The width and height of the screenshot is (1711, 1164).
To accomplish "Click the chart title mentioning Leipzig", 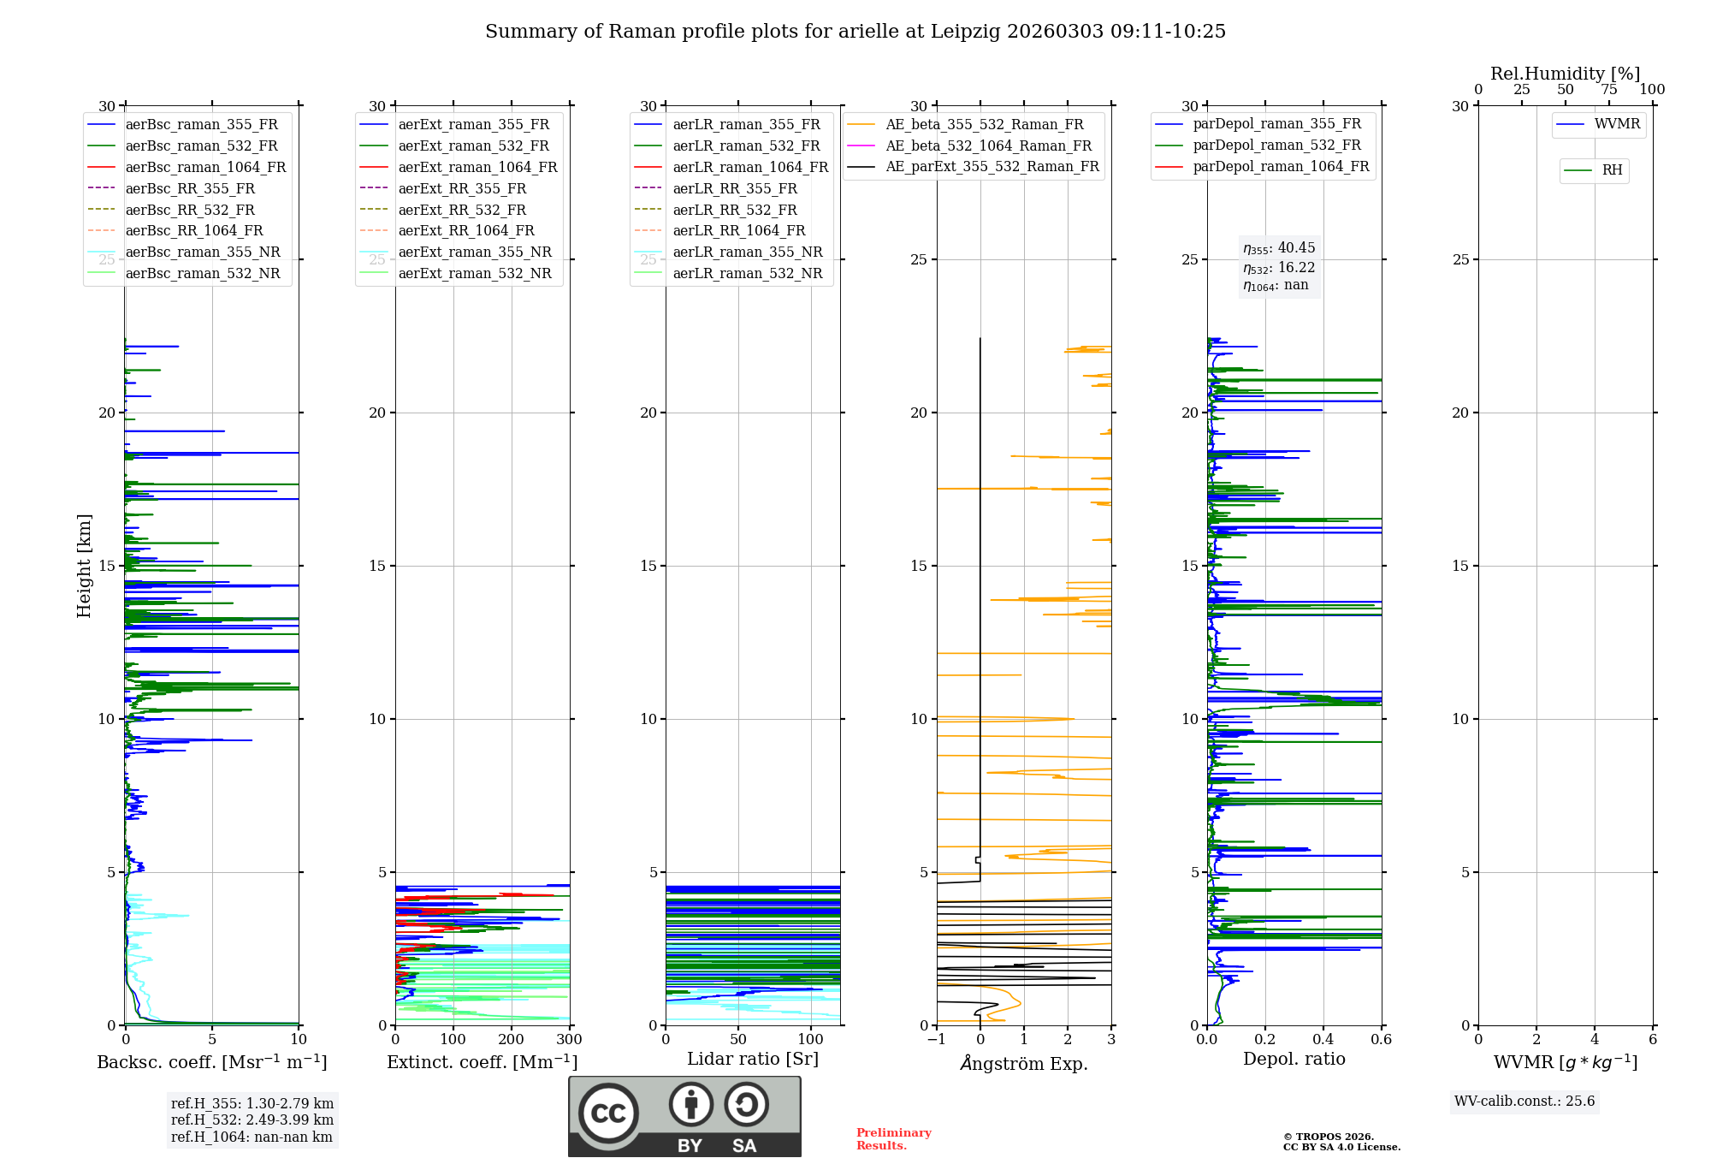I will (855, 32).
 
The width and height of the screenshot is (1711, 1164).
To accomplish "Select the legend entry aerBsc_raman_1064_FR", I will (205, 167).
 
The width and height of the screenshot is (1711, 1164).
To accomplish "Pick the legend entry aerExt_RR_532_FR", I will (462, 210).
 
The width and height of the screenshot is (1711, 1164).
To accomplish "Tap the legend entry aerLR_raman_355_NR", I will (747, 252).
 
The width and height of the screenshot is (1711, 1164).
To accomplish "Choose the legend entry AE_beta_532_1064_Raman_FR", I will (988, 145).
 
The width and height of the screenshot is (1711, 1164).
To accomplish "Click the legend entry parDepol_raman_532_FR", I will (1276, 145).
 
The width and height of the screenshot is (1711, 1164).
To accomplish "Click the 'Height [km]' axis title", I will (84, 566).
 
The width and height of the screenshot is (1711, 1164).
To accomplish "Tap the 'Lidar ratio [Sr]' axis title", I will (753, 1060).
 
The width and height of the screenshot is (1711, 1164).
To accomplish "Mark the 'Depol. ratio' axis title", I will (1294, 1060).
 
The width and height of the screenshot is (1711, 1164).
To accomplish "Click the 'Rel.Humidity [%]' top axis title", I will (1565, 74).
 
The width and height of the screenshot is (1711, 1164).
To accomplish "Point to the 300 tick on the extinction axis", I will (569, 1040).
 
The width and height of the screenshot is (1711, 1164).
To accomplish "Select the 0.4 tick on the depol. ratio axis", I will (1323, 1040).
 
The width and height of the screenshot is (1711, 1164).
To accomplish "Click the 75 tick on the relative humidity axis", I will (1608, 90).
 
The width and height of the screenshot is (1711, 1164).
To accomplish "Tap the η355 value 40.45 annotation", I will (1279, 248).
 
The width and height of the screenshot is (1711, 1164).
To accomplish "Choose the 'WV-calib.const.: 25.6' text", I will (1525, 1102).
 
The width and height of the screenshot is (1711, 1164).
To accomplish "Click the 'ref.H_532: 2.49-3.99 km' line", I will (252, 1119).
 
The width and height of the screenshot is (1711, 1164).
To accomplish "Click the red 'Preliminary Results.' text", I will (893, 1139).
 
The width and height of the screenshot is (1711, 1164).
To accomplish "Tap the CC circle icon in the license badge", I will (608, 1114).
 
